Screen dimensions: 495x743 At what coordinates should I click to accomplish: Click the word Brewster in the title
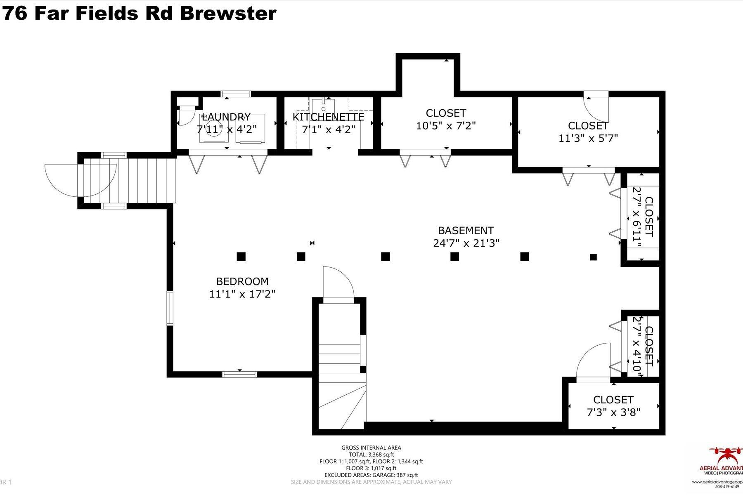(x=228, y=13)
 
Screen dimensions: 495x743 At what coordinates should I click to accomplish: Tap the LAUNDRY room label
(x=226, y=117)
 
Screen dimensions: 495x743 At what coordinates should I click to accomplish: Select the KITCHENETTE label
(x=328, y=117)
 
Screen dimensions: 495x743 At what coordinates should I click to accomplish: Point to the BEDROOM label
(x=242, y=281)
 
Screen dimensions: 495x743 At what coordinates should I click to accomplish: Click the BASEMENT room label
(x=466, y=230)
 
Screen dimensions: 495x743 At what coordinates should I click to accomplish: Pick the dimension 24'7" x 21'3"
(x=466, y=243)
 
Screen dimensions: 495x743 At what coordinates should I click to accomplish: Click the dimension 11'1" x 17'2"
(x=242, y=294)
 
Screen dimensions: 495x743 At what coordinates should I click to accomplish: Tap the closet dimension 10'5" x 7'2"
(x=446, y=126)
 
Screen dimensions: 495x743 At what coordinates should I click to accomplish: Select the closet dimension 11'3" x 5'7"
(x=588, y=138)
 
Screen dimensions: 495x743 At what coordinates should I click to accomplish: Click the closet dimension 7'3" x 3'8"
(x=613, y=412)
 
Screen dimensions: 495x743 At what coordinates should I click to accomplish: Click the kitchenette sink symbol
(x=323, y=103)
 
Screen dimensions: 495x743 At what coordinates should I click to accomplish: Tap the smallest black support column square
(x=593, y=257)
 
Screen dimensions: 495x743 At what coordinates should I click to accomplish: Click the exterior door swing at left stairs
(x=62, y=180)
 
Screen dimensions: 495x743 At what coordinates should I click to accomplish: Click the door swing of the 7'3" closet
(x=593, y=360)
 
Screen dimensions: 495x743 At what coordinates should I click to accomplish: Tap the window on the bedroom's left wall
(x=170, y=308)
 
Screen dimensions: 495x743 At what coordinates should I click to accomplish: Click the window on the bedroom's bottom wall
(x=239, y=374)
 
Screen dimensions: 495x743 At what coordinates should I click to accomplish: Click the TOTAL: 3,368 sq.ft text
(x=371, y=455)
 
